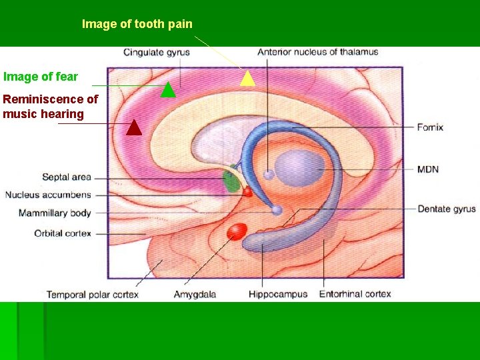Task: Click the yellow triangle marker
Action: pyautogui.click(x=247, y=79)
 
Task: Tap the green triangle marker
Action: pyautogui.click(x=168, y=89)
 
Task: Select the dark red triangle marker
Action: pyautogui.click(x=134, y=127)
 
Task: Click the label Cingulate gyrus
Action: pyautogui.click(x=157, y=52)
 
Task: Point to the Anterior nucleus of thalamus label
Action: pyautogui.click(x=317, y=52)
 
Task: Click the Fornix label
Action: pyautogui.click(x=430, y=127)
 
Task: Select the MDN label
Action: pyautogui.click(x=428, y=169)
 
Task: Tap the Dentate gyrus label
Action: pyautogui.click(x=446, y=209)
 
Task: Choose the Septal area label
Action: pyautogui.click(x=66, y=177)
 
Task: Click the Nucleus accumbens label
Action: pyautogui.click(x=48, y=195)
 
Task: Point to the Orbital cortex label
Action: pyautogui.click(x=63, y=233)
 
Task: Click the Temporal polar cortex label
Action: pyautogui.click(x=92, y=294)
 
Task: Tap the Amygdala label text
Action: pyautogui.click(x=195, y=294)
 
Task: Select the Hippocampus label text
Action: pyautogui.click(x=278, y=294)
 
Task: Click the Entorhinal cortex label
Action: pyautogui.click(x=355, y=294)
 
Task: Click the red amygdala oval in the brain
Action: pyautogui.click(x=237, y=231)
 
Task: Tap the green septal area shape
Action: pyautogui.click(x=231, y=181)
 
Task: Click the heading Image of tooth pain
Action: pyautogui.click(x=137, y=24)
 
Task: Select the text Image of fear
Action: pyautogui.click(x=40, y=77)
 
